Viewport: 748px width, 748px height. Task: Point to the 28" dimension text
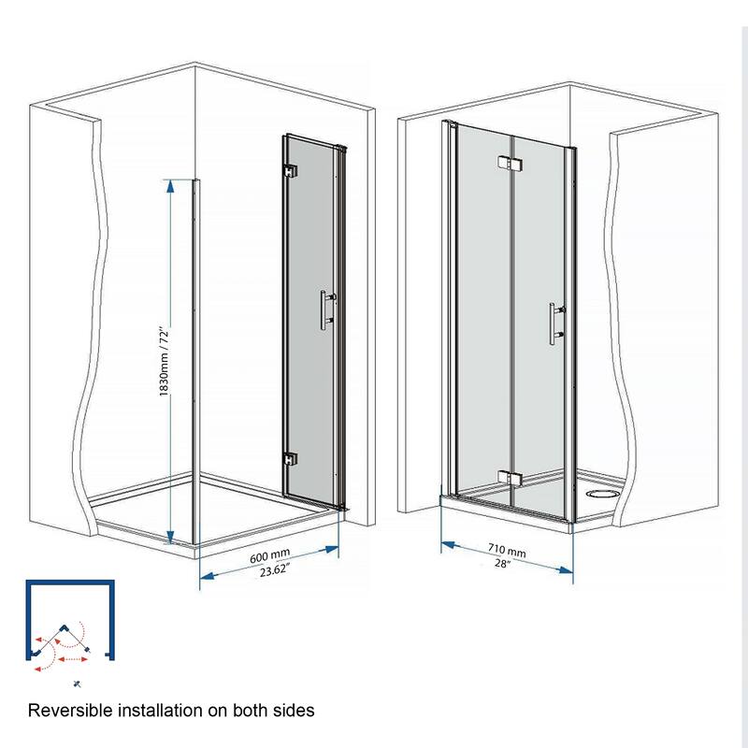point(504,565)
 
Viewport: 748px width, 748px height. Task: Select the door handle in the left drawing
point(325,309)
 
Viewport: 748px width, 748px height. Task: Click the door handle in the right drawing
point(554,324)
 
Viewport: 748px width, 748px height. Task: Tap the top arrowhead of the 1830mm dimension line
point(170,183)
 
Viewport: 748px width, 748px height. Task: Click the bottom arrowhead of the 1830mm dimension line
point(170,539)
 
